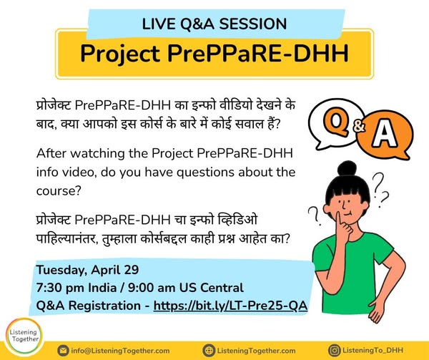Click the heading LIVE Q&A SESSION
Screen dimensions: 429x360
(x=214, y=24)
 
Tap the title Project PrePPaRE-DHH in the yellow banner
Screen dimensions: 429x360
(x=214, y=53)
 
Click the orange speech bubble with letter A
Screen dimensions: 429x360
(x=385, y=135)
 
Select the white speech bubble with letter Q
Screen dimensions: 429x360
(x=336, y=122)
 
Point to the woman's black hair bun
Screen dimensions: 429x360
(x=347, y=168)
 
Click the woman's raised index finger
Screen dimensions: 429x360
(x=339, y=219)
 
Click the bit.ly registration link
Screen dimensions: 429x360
(x=230, y=306)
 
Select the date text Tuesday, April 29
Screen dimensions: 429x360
(x=87, y=270)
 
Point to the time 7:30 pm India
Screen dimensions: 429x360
(x=77, y=288)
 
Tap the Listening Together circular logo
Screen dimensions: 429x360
(x=24, y=336)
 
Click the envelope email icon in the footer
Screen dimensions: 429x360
(x=63, y=351)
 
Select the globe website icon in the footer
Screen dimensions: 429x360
(x=209, y=351)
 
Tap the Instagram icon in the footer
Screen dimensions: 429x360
(x=335, y=351)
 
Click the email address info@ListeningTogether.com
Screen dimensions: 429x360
(x=120, y=351)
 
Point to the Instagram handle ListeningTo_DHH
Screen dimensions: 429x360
(x=373, y=350)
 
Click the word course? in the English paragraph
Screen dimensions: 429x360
(x=59, y=191)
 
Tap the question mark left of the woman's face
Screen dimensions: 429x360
(x=315, y=215)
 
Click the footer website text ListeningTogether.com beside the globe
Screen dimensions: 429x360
(x=257, y=351)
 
